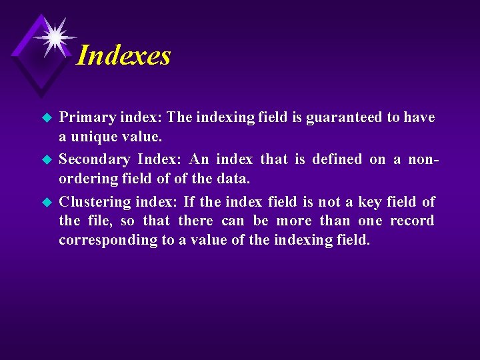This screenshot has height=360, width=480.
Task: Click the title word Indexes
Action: [x=124, y=55]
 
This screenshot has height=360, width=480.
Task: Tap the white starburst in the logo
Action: [x=53, y=35]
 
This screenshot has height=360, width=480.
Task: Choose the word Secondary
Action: [x=95, y=159]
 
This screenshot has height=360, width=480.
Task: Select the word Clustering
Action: [x=95, y=201]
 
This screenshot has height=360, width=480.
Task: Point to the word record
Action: [x=412, y=221]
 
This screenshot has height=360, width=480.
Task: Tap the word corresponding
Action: [x=107, y=241]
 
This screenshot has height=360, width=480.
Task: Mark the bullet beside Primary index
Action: [x=47, y=119]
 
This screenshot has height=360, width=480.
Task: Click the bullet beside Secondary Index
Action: [x=47, y=160]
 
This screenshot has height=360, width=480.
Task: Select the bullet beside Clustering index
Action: [x=47, y=202]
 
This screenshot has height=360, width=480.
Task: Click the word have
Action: [x=420, y=118]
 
